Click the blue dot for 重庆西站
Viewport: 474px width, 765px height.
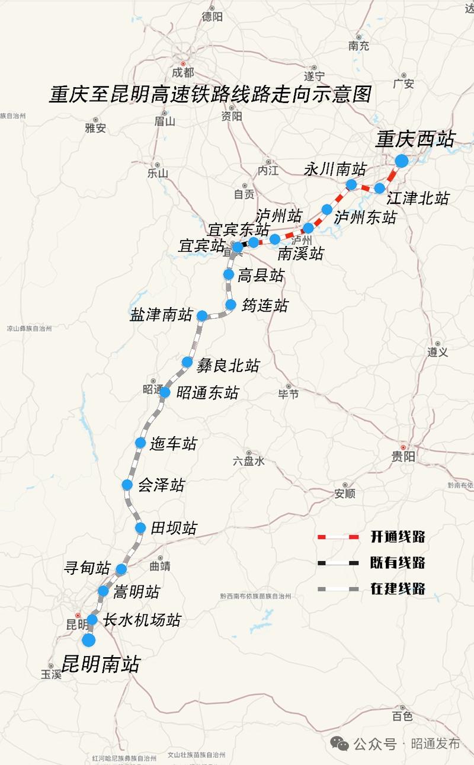pyautogui.click(x=401, y=161)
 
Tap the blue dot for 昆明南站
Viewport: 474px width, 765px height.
pyautogui.click(x=89, y=640)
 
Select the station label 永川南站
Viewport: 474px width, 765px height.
pyautogui.click(x=335, y=169)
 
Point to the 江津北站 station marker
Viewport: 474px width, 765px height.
pyautogui.click(x=380, y=188)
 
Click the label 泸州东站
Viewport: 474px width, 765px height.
pyautogui.click(x=365, y=217)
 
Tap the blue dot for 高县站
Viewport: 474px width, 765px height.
pyautogui.click(x=229, y=274)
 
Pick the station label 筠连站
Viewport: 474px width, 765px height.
pyautogui.click(x=265, y=306)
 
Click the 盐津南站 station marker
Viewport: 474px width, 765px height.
pyautogui.click(x=202, y=315)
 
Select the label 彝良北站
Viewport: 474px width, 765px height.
pyautogui.click(x=228, y=366)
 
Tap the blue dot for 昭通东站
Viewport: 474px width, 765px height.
pyautogui.click(x=165, y=392)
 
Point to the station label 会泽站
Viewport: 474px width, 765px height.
pyautogui.click(x=161, y=485)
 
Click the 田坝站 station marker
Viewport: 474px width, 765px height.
pyautogui.click(x=140, y=528)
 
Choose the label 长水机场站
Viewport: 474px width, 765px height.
pyautogui.click(x=142, y=620)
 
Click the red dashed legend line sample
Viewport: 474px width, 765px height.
pyautogui.click(x=338, y=537)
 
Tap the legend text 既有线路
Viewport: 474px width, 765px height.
pyautogui.click(x=398, y=562)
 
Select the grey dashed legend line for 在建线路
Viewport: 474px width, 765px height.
pyautogui.click(x=338, y=588)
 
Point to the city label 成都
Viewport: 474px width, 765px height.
pyautogui.click(x=183, y=72)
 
